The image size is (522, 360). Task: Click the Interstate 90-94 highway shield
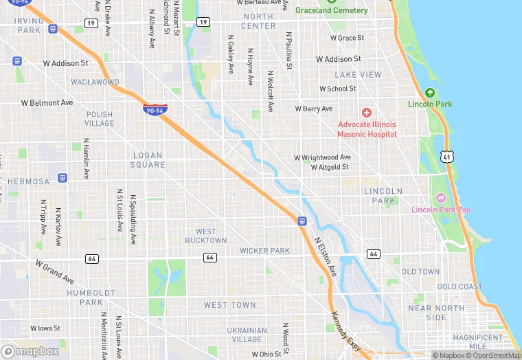click(154, 110)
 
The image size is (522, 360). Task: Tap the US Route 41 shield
click(447, 157)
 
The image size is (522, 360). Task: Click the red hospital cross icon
click(367, 112)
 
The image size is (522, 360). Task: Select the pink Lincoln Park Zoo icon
click(441, 198)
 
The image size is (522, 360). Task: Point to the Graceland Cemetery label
click(331, 10)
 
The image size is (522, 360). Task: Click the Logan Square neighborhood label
click(148, 160)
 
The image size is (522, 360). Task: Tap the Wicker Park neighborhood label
click(264, 251)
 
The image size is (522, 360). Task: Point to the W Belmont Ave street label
click(47, 103)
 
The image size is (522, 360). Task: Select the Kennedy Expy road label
click(345, 330)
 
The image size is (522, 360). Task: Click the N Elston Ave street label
click(326, 257)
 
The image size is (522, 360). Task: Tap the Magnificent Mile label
click(478, 341)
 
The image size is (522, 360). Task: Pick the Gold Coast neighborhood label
click(459, 286)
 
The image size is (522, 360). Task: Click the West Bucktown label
click(205, 236)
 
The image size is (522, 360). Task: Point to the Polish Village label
click(100, 119)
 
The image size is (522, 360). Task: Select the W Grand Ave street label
click(54, 271)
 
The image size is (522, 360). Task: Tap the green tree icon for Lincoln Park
click(430, 93)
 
